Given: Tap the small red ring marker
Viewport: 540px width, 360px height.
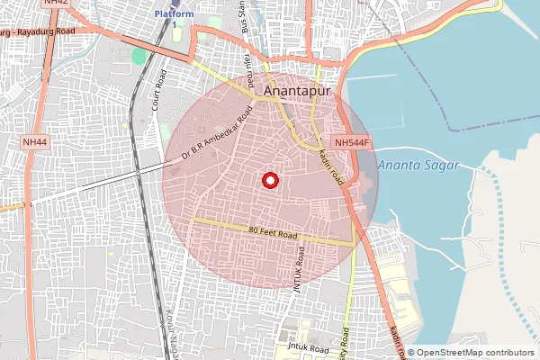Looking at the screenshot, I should click(x=269, y=181).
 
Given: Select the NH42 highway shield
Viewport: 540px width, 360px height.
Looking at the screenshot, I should click(x=56, y=4).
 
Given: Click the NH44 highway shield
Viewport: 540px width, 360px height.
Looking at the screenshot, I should click(x=36, y=143).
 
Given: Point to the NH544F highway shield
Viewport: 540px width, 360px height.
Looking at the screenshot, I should click(x=353, y=143).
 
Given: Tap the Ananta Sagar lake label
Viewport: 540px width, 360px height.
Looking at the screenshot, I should click(x=418, y=166).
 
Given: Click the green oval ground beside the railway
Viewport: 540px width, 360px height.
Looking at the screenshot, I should click(x=139, y=57).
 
